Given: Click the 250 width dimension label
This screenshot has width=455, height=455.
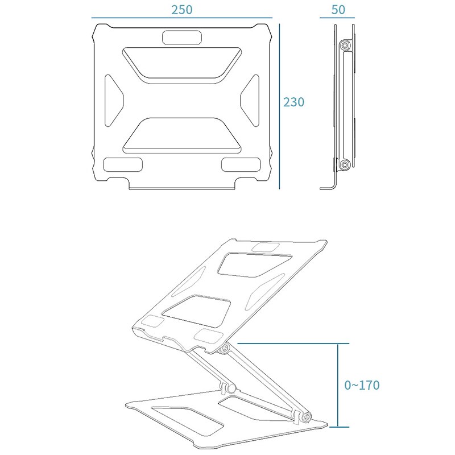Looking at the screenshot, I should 182,10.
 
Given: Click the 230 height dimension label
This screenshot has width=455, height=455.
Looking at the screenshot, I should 294,102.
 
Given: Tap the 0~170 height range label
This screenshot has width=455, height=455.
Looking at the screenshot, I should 362,385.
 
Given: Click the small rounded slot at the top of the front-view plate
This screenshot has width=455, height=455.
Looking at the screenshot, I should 182,38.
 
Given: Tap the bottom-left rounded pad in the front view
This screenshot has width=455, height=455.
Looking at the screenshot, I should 122,166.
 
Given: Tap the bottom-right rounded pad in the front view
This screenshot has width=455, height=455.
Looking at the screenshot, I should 241,166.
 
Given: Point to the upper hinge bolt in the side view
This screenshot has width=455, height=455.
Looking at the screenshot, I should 345,45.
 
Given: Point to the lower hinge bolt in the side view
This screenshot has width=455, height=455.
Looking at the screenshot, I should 345,165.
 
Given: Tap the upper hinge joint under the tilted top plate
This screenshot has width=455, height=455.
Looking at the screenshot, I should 225,348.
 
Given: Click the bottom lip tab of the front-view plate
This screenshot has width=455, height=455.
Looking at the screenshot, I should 182,186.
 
